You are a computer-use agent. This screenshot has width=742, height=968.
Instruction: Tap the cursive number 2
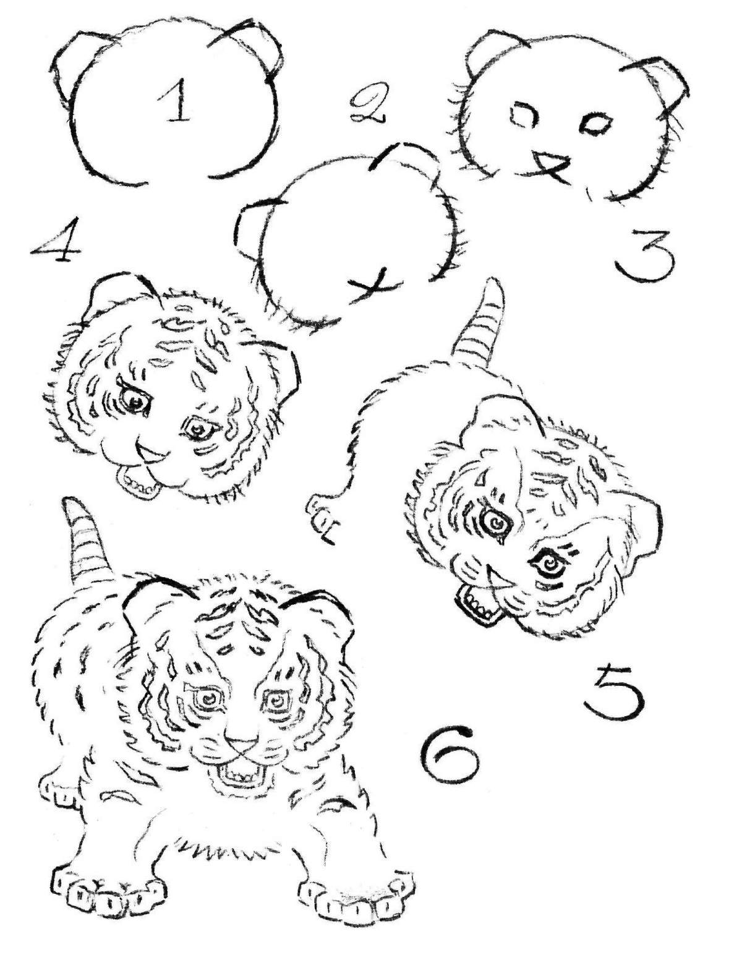coord(367,104)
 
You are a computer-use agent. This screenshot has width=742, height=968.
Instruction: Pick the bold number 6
coord(449,760)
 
